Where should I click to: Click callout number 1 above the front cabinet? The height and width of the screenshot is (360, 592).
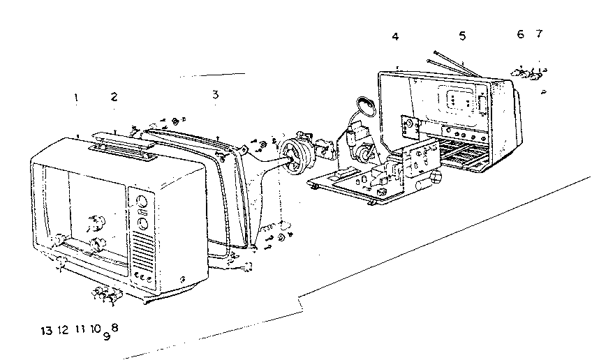click(x=75, y=98)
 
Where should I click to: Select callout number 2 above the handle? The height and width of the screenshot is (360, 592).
click(x=114, y=97)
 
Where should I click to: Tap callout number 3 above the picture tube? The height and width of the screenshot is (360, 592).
click(x=215, y=93)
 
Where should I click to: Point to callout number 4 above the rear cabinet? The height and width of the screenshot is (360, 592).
click(x=395, y=36)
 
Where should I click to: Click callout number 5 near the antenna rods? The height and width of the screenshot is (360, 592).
click(x=461, y=36)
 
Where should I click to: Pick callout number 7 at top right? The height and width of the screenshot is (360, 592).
click(x=538, y=33)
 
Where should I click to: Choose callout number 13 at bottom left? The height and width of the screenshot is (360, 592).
click(x=47, y=329)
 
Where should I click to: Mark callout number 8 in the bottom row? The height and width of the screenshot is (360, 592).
click(x=114, y=326)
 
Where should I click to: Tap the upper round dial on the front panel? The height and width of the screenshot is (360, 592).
click(x=142, y=202)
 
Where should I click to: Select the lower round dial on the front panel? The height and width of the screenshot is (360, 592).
click(x=142, y=225)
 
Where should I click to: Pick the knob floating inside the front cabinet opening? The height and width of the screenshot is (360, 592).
click(x=94, y=224)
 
